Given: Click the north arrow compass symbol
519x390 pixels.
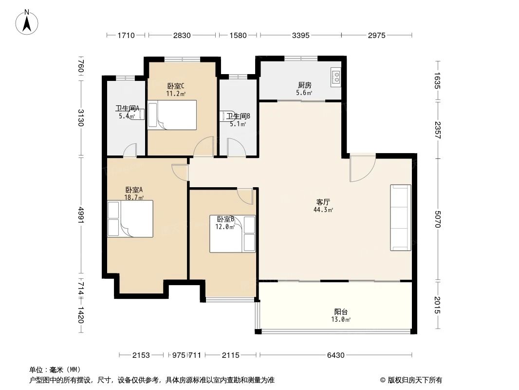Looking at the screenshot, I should pyautogui.click(x=28, y=21).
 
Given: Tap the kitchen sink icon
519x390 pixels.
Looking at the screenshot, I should pyautogui.click(x=336, y=77).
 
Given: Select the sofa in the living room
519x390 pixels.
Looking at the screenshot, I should pyautogui.click(x=400, y=217).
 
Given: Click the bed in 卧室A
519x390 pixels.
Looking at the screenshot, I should pyautogui.click(x=130, y=219).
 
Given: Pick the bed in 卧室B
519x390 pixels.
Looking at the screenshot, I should pyautogui.click(x=233, y=234).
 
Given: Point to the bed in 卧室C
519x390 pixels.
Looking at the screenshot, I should pyautogui.click(x=172, y=115).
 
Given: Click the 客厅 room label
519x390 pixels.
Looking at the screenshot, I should pyautogui.click(x=324, y=201).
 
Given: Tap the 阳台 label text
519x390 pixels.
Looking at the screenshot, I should pyautogui.click(x=341, y=312).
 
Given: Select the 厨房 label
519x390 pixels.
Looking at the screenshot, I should pyautogui.click(x=305, y=85).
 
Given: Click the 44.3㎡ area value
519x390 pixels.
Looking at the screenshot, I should pyautogui.click(x=324, y=210).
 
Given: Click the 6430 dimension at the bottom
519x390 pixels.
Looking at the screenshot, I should pyautogui.click(x=335, y=355).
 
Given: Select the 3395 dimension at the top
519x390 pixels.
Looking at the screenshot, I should pyautogui.click(x=300, y=35).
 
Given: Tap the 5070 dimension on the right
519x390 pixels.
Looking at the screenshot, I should pyautogui.click(x=438, y=219).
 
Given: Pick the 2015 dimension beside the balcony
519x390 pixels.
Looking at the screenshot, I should pyautogui.click(x=438, y=305).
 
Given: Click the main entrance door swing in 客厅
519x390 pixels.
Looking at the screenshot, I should pyautogui.click(x=361, y=168).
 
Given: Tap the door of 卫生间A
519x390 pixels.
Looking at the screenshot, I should pyautogui.click(x=130, y=151).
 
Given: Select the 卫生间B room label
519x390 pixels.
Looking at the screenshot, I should pyautogui.click(x=238, y=117).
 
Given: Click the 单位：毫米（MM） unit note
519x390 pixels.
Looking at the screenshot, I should pyautogui.click(x=55, y=370).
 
